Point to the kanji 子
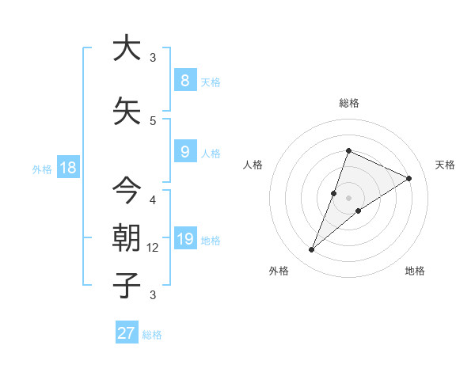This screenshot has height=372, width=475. [x=127, y=285]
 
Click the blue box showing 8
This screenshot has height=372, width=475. [x=184, y=80]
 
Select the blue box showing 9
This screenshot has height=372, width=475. [x=184, y=151]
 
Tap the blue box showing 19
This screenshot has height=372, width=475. [x=184, y=239]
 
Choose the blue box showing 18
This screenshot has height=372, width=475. [x=67, y=168]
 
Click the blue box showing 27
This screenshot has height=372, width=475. [x=127, y=333]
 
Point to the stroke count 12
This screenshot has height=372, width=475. [x=154, y=248]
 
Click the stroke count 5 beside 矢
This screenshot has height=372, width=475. [x=153, y=121]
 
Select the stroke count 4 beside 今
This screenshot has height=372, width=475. [x=153, y=199]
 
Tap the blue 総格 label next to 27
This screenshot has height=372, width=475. [x=152, y=335]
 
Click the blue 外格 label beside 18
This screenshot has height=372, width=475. [x=42, y=169]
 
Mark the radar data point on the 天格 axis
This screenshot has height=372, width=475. [x=409, y=178]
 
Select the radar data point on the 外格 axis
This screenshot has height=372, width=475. [x=311, y=250]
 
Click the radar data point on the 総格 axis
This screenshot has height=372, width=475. [x=348, y=150]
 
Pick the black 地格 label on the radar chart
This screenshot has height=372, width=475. [x=415, y=271]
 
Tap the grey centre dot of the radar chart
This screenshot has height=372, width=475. [x=348, y=198]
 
